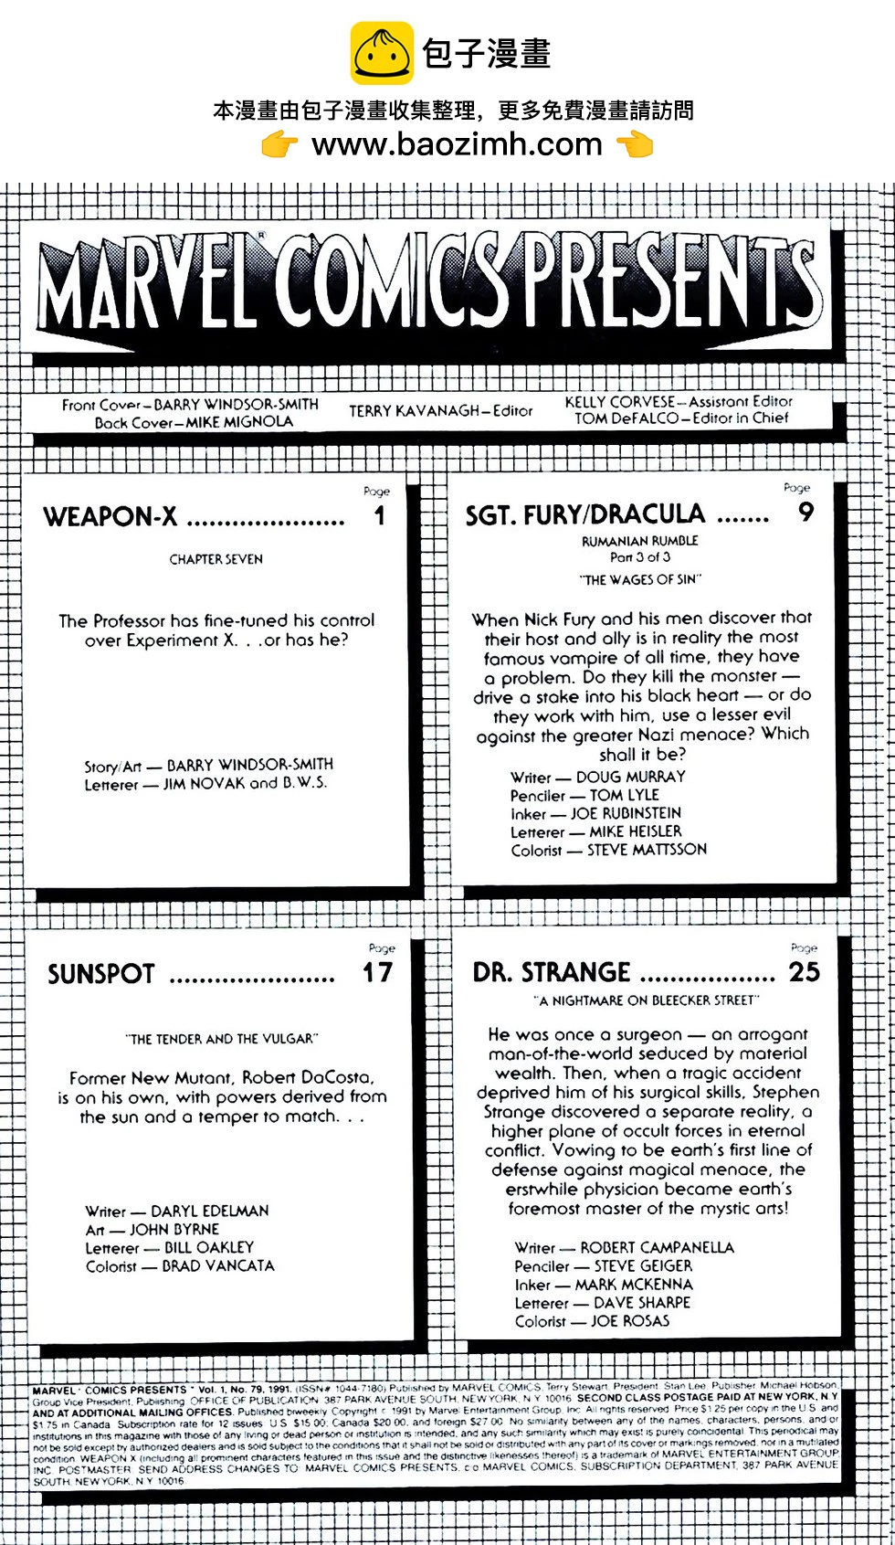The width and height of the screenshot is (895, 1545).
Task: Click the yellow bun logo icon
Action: coord(383,53)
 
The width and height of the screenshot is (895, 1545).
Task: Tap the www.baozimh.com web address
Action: coord(457,144)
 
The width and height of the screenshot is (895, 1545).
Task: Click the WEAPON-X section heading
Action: coord(111,517)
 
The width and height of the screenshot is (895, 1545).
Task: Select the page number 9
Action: coord(805,512)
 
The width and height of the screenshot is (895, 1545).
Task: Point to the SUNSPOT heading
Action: coord(101,974)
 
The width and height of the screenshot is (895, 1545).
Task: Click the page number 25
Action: coord(804,972)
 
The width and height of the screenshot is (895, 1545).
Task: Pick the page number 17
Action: coord(377,973)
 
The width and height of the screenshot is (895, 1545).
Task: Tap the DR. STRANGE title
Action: coord(552,972)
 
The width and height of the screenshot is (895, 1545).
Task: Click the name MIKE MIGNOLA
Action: coord(239,422)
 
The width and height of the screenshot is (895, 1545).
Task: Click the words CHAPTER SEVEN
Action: coord(216,559)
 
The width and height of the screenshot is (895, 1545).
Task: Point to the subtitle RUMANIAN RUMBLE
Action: coord(639,541)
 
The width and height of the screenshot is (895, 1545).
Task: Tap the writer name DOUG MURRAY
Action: coord(630,777)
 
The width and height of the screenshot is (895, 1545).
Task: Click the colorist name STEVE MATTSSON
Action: coord(647,850)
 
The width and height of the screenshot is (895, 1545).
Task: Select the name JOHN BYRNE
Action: coord(174,1230)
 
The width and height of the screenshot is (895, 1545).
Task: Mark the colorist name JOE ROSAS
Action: coord(630,1321)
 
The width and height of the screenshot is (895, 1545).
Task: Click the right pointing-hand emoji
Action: coord(635,143)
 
